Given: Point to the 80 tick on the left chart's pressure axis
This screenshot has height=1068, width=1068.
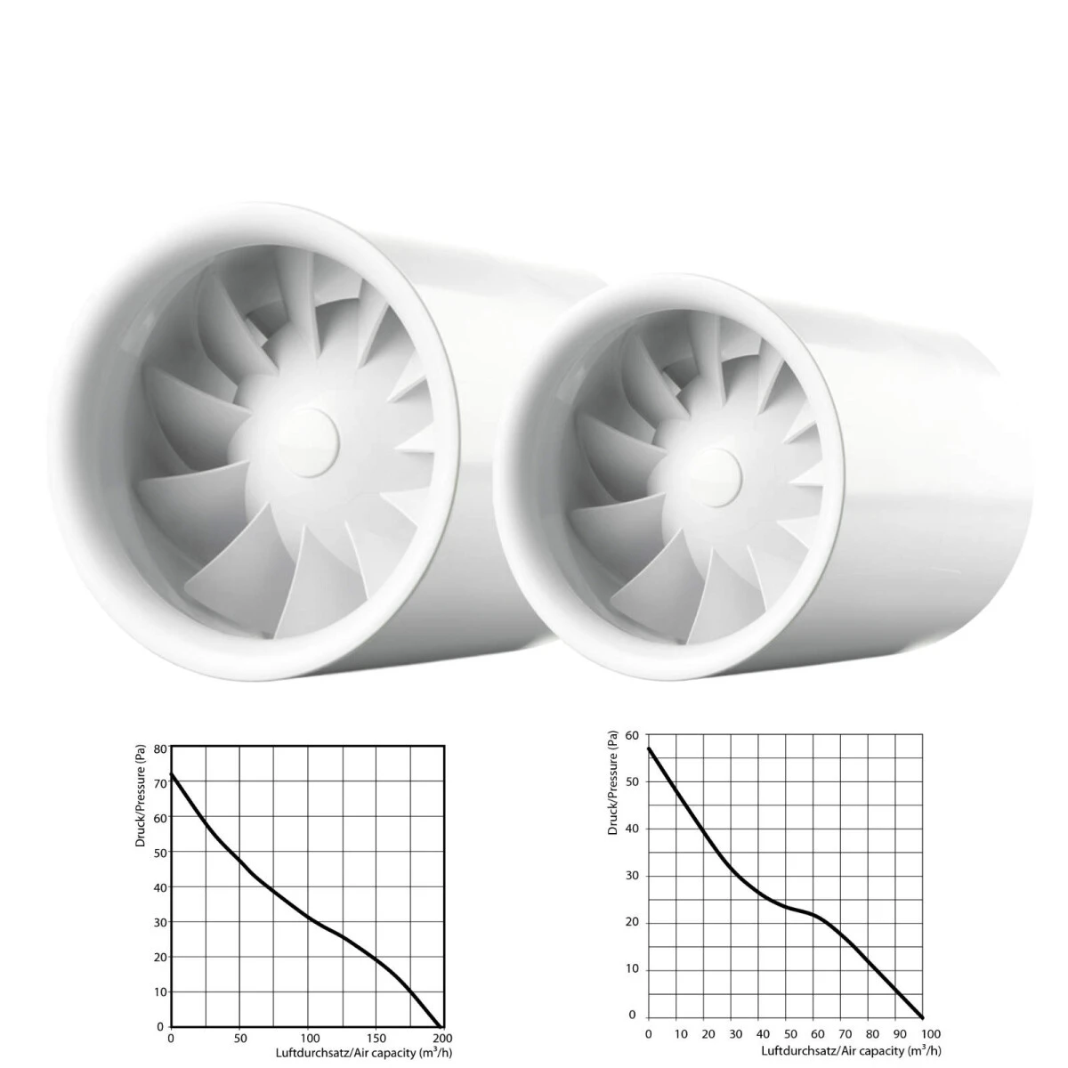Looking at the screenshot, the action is tap(160, 749).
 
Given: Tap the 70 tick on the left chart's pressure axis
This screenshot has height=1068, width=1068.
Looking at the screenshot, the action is tap(160, 784).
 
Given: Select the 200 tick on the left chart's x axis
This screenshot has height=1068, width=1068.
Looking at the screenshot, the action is tap(441, 1038).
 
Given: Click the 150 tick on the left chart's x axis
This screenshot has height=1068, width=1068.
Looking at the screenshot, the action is tap(376, 1038).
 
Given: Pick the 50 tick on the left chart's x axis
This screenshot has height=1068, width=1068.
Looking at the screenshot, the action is tap(240, 1038).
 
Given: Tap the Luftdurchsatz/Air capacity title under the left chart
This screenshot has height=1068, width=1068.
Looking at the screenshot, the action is tap(364, 1053).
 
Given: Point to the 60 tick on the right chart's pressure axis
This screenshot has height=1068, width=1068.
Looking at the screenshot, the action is tap(633, 735).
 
